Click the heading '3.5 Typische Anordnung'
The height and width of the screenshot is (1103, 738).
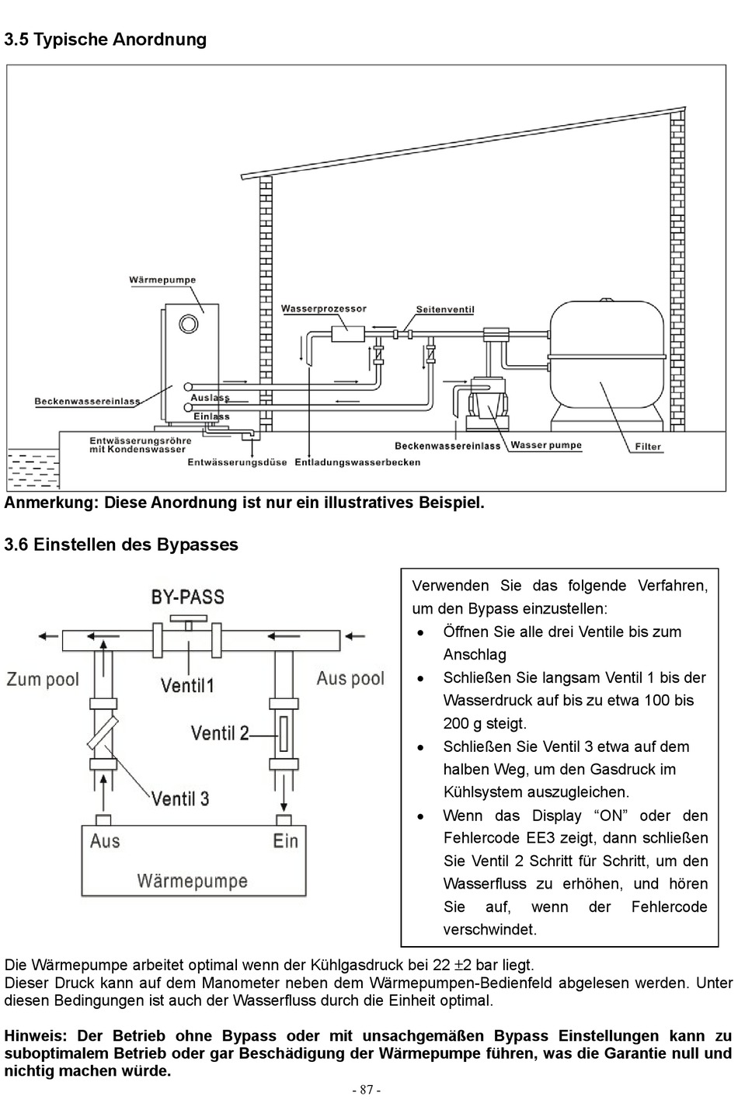pos(106,40)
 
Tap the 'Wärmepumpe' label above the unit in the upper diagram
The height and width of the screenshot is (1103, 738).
pos(162,280)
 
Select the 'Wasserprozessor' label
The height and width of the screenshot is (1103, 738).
pos(323,308)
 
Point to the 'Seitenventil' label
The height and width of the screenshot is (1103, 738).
pos(445,310)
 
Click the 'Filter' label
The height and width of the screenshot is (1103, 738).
pos(648,447)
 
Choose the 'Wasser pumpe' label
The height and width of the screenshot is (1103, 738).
pos(546,445)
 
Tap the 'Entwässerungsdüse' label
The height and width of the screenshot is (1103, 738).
pos(237,462)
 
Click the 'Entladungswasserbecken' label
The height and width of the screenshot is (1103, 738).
pos(357,462)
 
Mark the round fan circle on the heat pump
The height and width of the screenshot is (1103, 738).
pos(189,324)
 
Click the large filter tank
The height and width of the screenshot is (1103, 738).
pos(607,365)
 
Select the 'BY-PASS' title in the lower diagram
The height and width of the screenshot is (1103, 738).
pos(187,597)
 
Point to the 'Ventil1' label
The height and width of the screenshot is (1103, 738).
pos(187,685)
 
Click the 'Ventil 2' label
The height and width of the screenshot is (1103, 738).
pos(220,733)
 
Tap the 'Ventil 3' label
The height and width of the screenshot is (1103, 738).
pos(180,799)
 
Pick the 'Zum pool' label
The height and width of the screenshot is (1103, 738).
pos(43,680)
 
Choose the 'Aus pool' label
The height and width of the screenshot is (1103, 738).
pos(350,679)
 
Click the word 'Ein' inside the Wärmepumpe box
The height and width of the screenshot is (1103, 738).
pos(286,841)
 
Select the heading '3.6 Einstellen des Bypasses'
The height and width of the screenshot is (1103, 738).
pos(121,545)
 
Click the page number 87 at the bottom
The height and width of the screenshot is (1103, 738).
pos(367,1090)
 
